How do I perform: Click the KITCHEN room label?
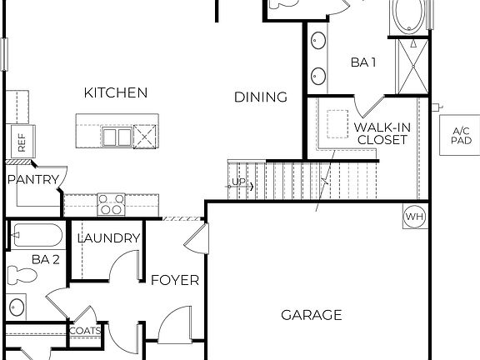(115, 92)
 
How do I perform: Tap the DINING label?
(260, 97)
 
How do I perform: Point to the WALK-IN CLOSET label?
(382, 133)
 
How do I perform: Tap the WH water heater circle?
(414, 217)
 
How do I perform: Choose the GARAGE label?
(311, 315)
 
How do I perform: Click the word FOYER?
(175, 280)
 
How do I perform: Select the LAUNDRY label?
(108, 238)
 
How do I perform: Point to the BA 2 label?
(46, 260)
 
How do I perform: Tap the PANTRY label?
(33, 179)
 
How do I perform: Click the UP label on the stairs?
(238, 182)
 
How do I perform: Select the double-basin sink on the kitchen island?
(116, 137)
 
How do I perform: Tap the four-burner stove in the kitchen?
(112, 202)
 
